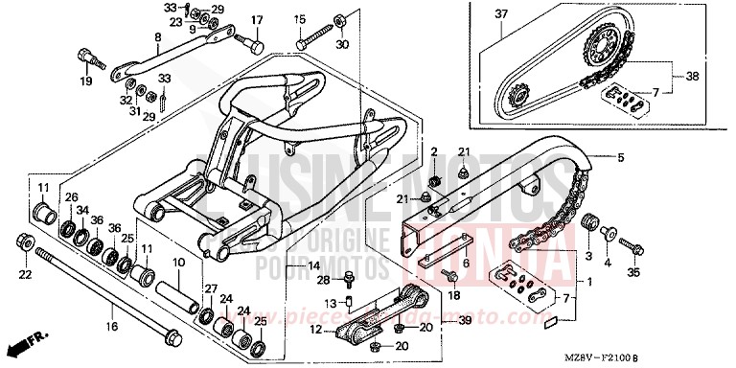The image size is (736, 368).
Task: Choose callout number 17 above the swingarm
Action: coord(257,20)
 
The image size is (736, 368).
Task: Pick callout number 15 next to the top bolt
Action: coord(300,20)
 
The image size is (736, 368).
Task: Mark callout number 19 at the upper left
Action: coord(86,80)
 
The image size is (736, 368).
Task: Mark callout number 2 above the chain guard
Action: coord(432,152)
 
